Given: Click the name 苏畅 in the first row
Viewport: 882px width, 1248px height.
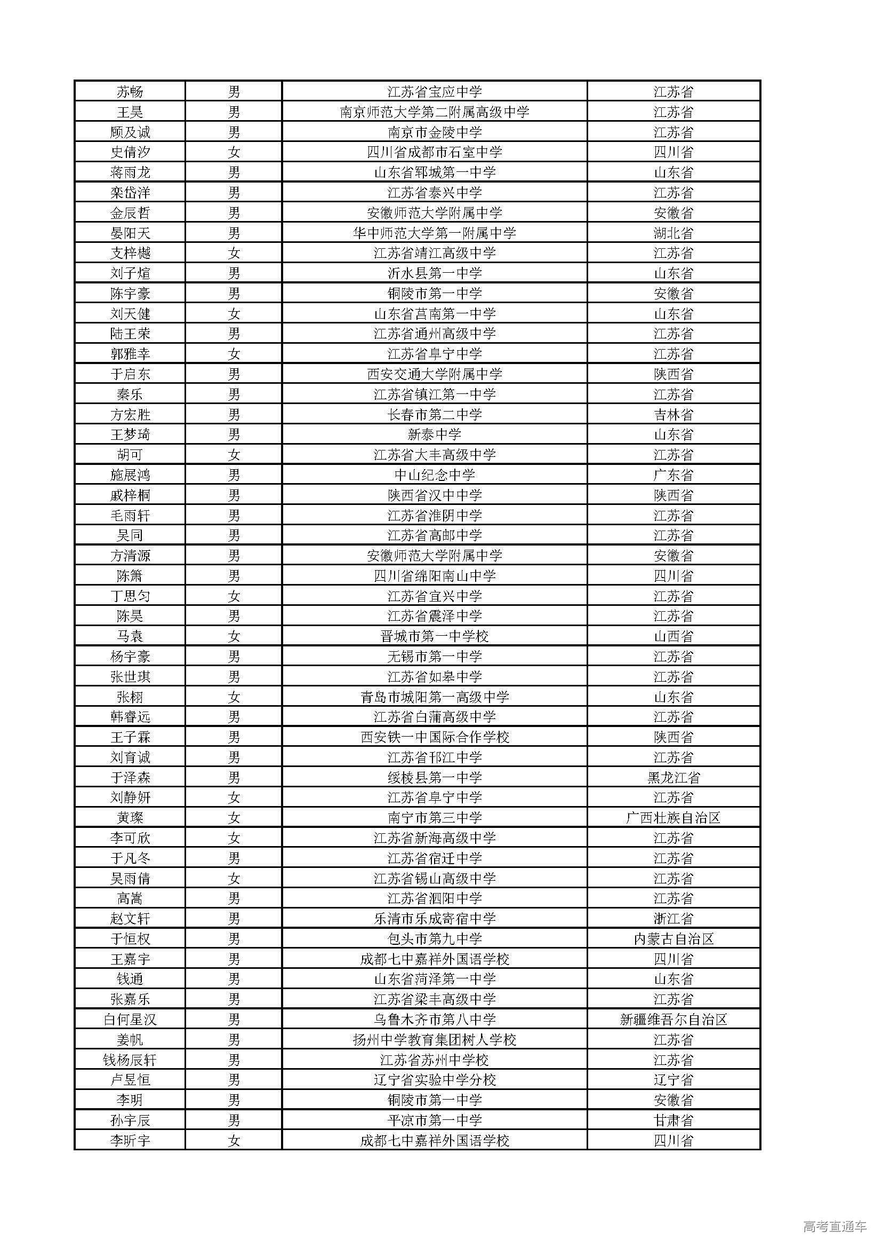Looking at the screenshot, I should coord(130,92).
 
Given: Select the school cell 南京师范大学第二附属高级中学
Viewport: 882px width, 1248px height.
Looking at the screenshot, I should coord(435,113).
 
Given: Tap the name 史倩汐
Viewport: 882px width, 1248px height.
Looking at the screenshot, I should coord(130,153).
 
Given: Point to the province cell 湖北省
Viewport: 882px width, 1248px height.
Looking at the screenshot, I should coord(673,234).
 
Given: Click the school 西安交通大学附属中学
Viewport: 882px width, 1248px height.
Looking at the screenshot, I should coord(435,375).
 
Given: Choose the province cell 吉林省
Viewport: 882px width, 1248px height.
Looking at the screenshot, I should coord(673,415).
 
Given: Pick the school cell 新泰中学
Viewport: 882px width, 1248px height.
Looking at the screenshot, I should coord(435,435).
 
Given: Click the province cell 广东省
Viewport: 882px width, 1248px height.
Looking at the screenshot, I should coord(673,476).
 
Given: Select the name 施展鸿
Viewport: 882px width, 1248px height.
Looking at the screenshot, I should coord(130,476).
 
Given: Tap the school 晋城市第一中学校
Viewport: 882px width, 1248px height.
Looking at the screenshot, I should coord(435,636).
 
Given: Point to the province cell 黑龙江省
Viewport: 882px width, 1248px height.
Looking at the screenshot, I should coord(673,778).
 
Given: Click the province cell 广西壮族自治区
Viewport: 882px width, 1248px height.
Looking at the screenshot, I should coord(673,818).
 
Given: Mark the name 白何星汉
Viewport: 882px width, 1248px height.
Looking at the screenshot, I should coord(130,1020).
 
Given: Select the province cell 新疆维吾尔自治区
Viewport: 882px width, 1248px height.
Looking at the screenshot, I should coord(673,1020).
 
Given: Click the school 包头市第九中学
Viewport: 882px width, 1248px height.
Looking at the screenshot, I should coord(435,939).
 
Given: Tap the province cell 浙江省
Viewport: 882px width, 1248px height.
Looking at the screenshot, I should coord(673,919).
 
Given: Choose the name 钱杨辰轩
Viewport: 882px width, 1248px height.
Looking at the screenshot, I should coord(130,1060).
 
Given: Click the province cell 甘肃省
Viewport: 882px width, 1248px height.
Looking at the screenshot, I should coord(673,1120).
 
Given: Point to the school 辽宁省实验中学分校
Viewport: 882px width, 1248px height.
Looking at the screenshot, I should coord(435,1080).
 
